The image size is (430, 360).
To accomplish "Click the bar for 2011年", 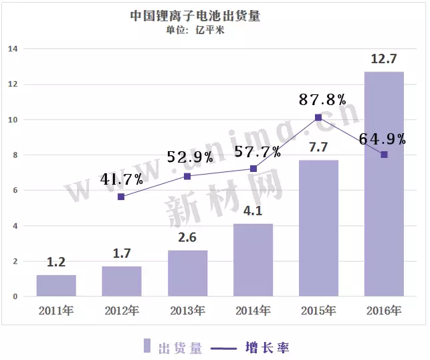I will [x=56, y=286].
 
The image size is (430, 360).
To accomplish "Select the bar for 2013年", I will [x=187, y=273].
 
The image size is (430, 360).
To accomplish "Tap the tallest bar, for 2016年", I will [x=384, y=184].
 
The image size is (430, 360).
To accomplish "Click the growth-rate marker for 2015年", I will [x=318, y=117].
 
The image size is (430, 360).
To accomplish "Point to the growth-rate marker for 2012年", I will [x=121, y=197].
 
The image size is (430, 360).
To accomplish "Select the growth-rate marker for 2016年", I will [x=384, y=155].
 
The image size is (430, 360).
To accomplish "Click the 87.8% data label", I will [x=323, y=100].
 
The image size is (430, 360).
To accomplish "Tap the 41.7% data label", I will [x=122, y=179].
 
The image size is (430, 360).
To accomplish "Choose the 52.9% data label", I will [x=190, y=157].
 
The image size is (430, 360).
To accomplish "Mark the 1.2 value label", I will [x=56, y=262].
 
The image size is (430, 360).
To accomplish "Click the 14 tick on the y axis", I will [x=13, y=49].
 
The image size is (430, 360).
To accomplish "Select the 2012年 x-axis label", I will [x=122, y=310].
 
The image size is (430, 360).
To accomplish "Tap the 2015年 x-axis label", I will [x=318, y=310].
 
